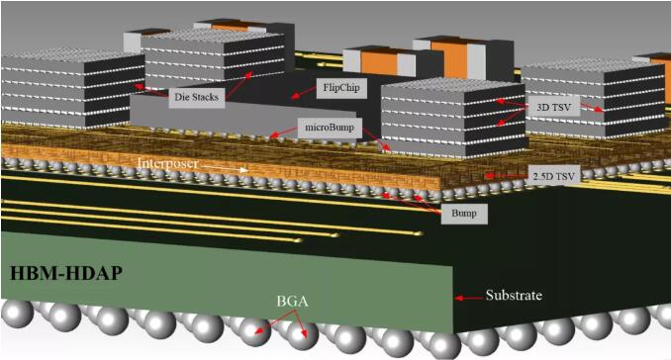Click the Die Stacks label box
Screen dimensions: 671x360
[x=197, y=97]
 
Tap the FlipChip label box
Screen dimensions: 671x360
[x=341, y=88]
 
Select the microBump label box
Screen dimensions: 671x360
[x=330, y=128]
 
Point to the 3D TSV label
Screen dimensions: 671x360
[x=554, y=107]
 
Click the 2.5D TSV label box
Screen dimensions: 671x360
[x=554, y=176]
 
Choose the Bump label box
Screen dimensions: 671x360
[x=464, y=213]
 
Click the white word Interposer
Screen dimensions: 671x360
[x=168, y=163]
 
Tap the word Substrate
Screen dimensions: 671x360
[x=514, y=296]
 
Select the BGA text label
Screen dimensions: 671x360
[x=292, y=301]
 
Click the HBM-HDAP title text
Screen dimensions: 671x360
[x=66, y=274]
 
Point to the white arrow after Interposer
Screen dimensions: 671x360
[x=225, y=167]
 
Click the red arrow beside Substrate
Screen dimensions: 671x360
[x=469, y=298]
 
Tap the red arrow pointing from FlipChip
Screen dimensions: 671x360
[x=304, y=92]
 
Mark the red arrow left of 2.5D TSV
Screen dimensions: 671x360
[x=506, y=176]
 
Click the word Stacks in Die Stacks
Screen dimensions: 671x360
[x=205, y=97]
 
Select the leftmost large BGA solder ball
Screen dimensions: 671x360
[x=17, y=314]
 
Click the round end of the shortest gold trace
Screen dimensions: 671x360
[x=298, y=240]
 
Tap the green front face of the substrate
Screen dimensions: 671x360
[x=227, y=278]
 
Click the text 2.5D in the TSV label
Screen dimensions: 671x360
[x=543, y=176]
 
